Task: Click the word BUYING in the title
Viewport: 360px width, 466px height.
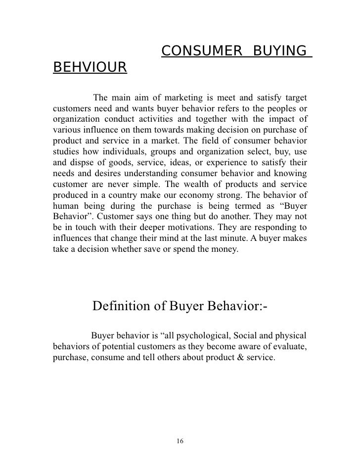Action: point(278,50)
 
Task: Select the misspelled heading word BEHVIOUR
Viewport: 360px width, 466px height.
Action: point(90,67)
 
